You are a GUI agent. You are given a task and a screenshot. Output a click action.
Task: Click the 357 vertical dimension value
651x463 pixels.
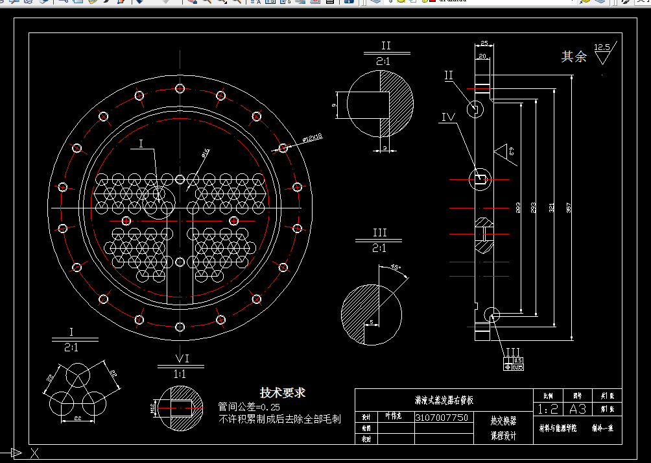coord(569,208)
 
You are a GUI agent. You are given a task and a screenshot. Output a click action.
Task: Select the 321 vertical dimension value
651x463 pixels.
coord(551,208)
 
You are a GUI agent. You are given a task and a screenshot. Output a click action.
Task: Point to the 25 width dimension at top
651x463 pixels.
coord(484,44)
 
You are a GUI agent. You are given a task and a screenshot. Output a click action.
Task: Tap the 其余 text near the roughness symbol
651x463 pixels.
coord(574,57)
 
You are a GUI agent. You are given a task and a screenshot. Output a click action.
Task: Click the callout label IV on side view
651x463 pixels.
coord(448,118)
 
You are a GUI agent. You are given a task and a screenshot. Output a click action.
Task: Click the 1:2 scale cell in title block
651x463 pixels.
coord(549,409)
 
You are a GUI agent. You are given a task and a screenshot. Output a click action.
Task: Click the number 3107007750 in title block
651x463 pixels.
coord(442,418)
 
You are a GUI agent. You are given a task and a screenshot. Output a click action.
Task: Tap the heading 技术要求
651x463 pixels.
coord(283,393)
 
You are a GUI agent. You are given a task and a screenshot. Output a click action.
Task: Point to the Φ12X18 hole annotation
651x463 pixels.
coord(313,137)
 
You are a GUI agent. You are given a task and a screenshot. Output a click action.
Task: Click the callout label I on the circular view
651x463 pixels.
coord(141,144)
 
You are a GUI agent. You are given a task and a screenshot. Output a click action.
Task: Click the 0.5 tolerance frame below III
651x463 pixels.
coord(517,360)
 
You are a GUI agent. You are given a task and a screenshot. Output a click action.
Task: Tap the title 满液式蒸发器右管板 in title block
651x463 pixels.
coord(444,401)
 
